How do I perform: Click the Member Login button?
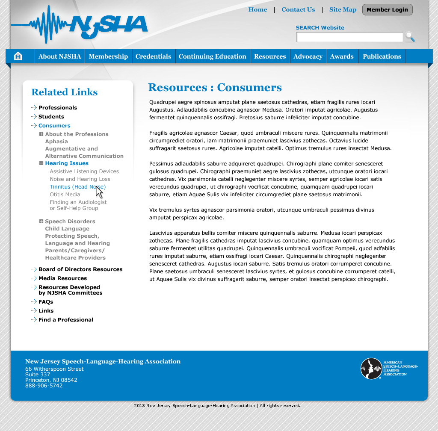[x=387, y=10]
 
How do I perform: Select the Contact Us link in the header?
[x=298, y=10]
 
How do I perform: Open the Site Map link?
[x=343, y=10]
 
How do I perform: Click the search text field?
[x=349, y=37]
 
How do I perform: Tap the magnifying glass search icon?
[x=410, y=37]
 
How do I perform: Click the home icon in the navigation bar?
[x=18, y=56]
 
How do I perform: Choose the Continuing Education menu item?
[x=213, y=56]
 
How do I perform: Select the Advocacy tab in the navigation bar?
[x=308, y=56]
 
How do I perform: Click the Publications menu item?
[x=382, y=56]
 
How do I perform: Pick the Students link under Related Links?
[x=51, y=117]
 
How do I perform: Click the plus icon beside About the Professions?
[x=41, y=134]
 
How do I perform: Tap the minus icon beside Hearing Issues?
[x=41, y=163]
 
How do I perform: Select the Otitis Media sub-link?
[x=65, y=195]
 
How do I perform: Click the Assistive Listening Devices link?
[x=84, y=171]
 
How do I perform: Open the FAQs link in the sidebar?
[x=46, y=302]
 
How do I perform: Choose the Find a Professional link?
[x=66, y=320]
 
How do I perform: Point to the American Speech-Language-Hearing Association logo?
[x=389, y=368]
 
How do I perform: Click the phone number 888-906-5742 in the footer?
[x=44, y=386]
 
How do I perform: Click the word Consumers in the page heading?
[x=249, y=88]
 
